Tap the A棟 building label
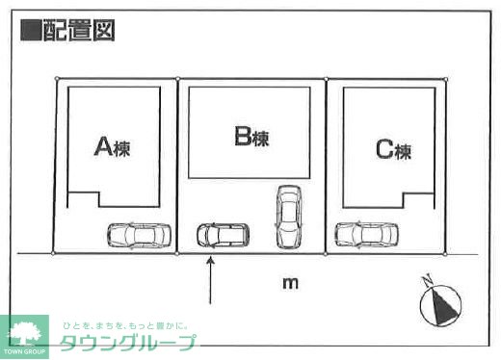point(112,147)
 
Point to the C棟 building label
point(393,150)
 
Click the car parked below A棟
point(139,235)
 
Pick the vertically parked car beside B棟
point(288,216)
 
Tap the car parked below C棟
point(366,234)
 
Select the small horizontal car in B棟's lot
point(223,234)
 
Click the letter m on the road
point(289,283)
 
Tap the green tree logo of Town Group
point(26,333)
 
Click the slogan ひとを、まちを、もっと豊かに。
point(125,326)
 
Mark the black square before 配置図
point(30,30)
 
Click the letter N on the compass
point(429,283)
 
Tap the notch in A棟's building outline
point(84,199)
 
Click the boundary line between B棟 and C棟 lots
point(327,164)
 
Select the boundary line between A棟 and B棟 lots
point(177,164)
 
